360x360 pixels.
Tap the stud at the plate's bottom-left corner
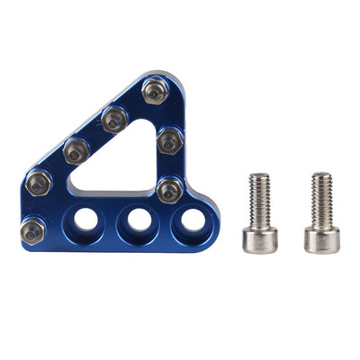[x=30, y=230]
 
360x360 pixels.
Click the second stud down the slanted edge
[x=113, y=117]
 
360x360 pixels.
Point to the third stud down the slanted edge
[x=76, y=148]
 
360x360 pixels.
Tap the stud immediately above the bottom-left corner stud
[x=38, y=183]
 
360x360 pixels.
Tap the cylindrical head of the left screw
[x=259, y=239]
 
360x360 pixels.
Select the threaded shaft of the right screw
[x=321, y=200]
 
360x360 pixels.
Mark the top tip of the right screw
[x=321, y=175]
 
